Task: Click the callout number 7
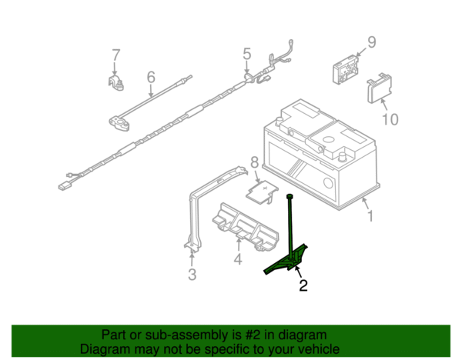click(116, 55)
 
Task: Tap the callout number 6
click(151, 77)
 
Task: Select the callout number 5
click(247, 54)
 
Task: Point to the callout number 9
click(372, 42)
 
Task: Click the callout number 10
click(390, 119)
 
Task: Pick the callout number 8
click(254, 162)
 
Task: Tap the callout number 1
click(370, 215)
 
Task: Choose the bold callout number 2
click(303, 285)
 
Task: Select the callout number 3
click(192, 275)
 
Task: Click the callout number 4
click(238, 259)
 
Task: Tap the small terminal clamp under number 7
click(115, 83)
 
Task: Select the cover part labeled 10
click(380, 88)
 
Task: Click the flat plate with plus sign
click(263, 192)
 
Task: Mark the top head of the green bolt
click(290, 195)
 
